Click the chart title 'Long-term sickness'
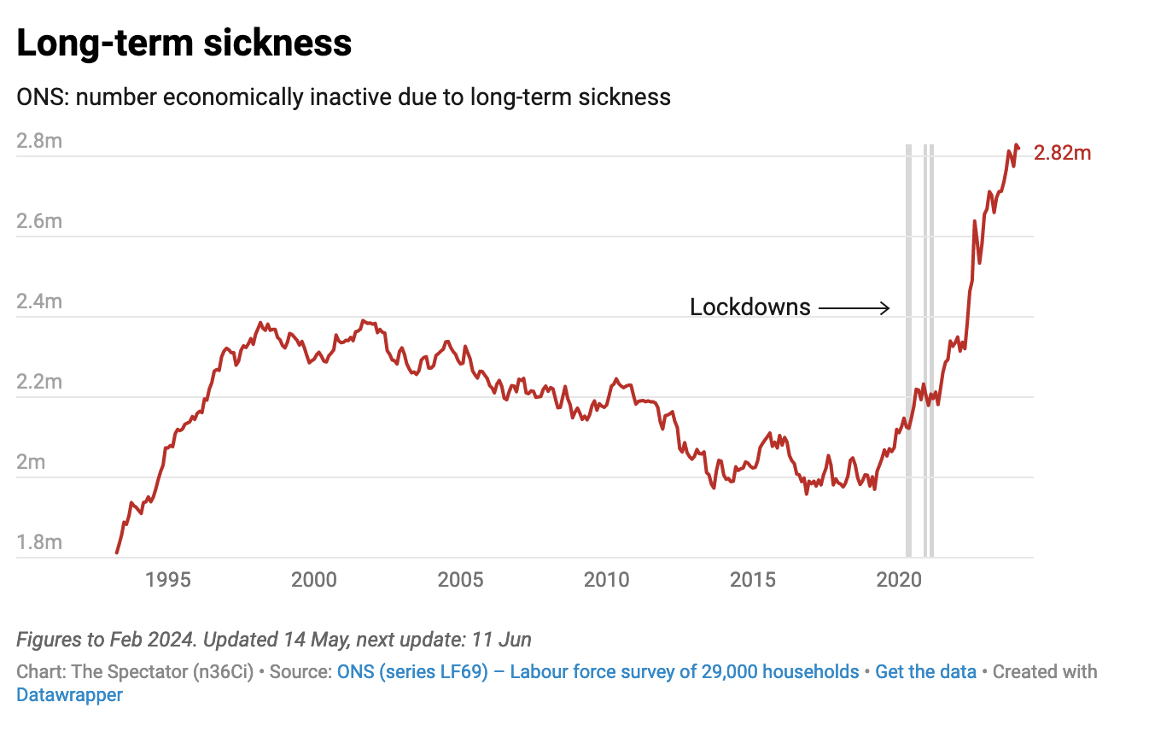[x=184, y=43]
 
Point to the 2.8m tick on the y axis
[x=39, y=141]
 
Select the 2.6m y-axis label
[x=39, y=221]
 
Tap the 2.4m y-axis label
[x=39, y=301]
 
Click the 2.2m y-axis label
[x=39, y=382]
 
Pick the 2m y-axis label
[x=32, y=462]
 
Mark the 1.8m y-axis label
[x=39, y=542]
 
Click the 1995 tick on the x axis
[x=167, y=580]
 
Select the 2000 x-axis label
[x=314, y=580]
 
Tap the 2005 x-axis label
[x=460, y=580]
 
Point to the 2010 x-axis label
[x=606, y=580]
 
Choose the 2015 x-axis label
[x=753, y=580]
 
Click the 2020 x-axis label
[x=899, y=580]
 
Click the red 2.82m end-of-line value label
[x=1062, y=154]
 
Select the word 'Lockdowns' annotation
[x=749, y=307]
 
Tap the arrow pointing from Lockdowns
[x=854, y=308]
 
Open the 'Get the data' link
[x=925, y=671]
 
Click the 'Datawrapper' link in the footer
[x=69, y=695]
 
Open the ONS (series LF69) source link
[x=598, y=671]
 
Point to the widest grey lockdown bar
[x=909, y=350]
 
